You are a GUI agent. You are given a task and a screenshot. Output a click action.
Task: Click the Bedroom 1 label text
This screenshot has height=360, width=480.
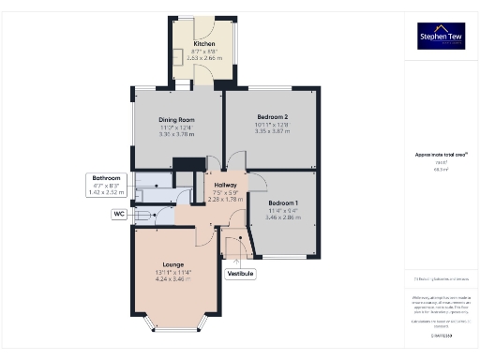283,202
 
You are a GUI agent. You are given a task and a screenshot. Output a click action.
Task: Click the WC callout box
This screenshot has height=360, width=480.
120,215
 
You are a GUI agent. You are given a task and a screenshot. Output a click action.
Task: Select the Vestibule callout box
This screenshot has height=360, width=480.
241,274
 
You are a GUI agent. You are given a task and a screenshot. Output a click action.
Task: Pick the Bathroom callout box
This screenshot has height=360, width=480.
106,185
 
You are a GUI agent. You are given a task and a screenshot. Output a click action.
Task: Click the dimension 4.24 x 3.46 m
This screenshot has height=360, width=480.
176,279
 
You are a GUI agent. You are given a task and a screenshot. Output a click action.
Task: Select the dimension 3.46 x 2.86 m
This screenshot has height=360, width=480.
283,216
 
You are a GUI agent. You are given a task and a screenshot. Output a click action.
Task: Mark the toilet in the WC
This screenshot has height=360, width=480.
142,215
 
